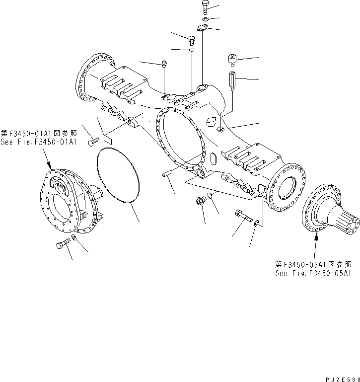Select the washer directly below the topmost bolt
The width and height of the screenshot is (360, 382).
[206, 19]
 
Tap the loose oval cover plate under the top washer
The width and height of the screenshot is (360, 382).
[203, 29]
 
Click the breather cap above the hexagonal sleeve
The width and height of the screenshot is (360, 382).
[232, 61]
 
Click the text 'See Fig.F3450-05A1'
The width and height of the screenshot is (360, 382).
[313, 273]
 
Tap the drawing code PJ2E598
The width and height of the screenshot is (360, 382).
[341, 378]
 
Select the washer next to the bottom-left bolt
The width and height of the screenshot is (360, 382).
[73, 240]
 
